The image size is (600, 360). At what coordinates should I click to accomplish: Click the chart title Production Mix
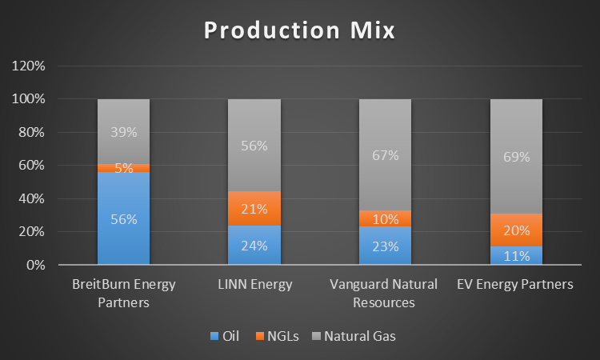tap(299, 30)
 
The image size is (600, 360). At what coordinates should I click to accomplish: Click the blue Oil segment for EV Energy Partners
tap(516, 256)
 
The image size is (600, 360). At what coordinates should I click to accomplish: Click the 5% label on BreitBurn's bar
tap(123, 168)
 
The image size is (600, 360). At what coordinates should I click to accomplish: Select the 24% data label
tap(254, 246)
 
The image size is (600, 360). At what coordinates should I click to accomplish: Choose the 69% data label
tap(516, 157)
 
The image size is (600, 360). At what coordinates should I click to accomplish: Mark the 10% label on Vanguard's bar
tap(385, 219)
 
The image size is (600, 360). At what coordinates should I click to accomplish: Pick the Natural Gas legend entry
tap(356, 337)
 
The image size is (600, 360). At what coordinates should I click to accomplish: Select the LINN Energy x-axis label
tap(254, 285)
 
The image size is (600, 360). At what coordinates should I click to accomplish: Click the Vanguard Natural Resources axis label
tap(385, 294)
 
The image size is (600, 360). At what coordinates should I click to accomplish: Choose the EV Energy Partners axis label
tap(516, 285)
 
